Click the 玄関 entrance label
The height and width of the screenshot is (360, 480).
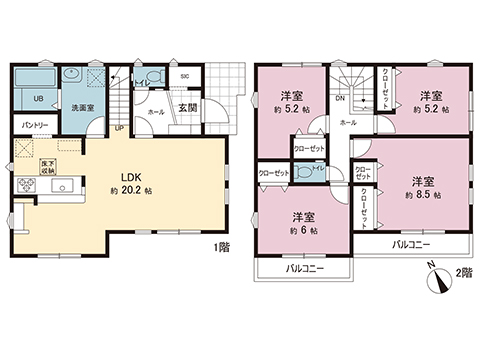point(188,107)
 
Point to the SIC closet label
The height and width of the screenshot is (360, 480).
point(185,77)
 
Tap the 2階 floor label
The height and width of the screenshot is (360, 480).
point(462,270)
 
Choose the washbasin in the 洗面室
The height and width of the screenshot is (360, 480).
point(72,77)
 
